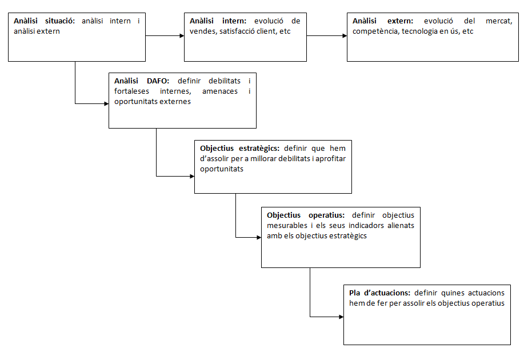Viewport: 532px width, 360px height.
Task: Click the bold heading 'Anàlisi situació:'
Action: [45, 21]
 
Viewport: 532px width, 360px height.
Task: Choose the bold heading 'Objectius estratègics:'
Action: [239, 148]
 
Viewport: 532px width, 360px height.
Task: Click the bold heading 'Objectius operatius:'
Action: [306, 215]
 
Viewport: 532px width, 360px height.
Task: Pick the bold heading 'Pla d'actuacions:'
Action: [380, 293]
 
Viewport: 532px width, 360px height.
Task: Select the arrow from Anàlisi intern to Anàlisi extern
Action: [327, 35]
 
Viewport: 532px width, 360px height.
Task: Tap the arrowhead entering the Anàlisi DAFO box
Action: [106, 103]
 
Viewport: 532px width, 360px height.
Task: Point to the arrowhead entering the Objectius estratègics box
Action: [191, 176]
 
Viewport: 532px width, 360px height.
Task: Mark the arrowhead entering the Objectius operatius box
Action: [258, 237]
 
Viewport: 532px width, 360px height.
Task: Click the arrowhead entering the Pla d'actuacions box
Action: [341, 316]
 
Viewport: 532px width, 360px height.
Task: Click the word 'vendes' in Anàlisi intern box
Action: [202, 31]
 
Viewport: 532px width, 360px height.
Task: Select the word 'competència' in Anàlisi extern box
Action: [375, 31]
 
